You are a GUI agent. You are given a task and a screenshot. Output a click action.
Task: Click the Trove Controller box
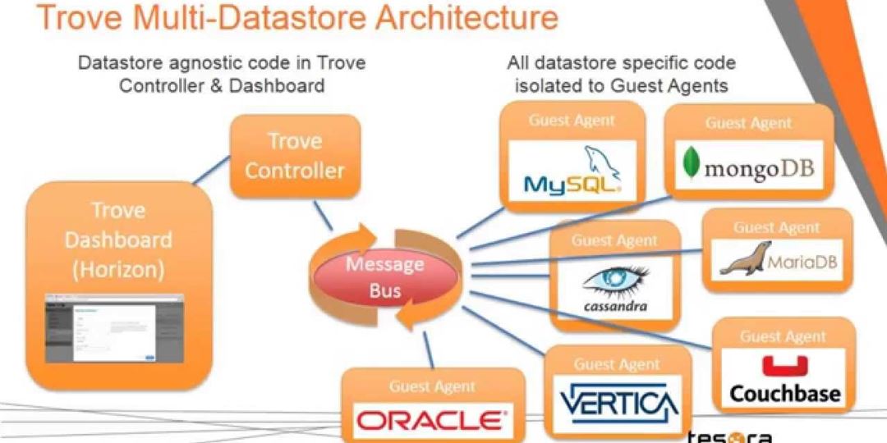click(294, 156)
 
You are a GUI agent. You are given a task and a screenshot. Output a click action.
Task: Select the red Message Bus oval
click(385, 276)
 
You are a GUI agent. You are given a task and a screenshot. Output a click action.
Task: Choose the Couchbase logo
click(784, 381)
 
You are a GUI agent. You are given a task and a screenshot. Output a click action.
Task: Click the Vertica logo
click(618, 403)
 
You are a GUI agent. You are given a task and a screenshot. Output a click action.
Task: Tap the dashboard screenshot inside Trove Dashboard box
click(114, 328)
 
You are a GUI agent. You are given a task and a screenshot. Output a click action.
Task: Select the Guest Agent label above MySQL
click(572, 120)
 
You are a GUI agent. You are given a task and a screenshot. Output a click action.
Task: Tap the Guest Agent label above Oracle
click(432, 386)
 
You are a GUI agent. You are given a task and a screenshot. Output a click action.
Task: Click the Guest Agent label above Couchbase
click(783, 336)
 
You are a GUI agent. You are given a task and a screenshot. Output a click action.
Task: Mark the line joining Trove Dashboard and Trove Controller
click(209, 171)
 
